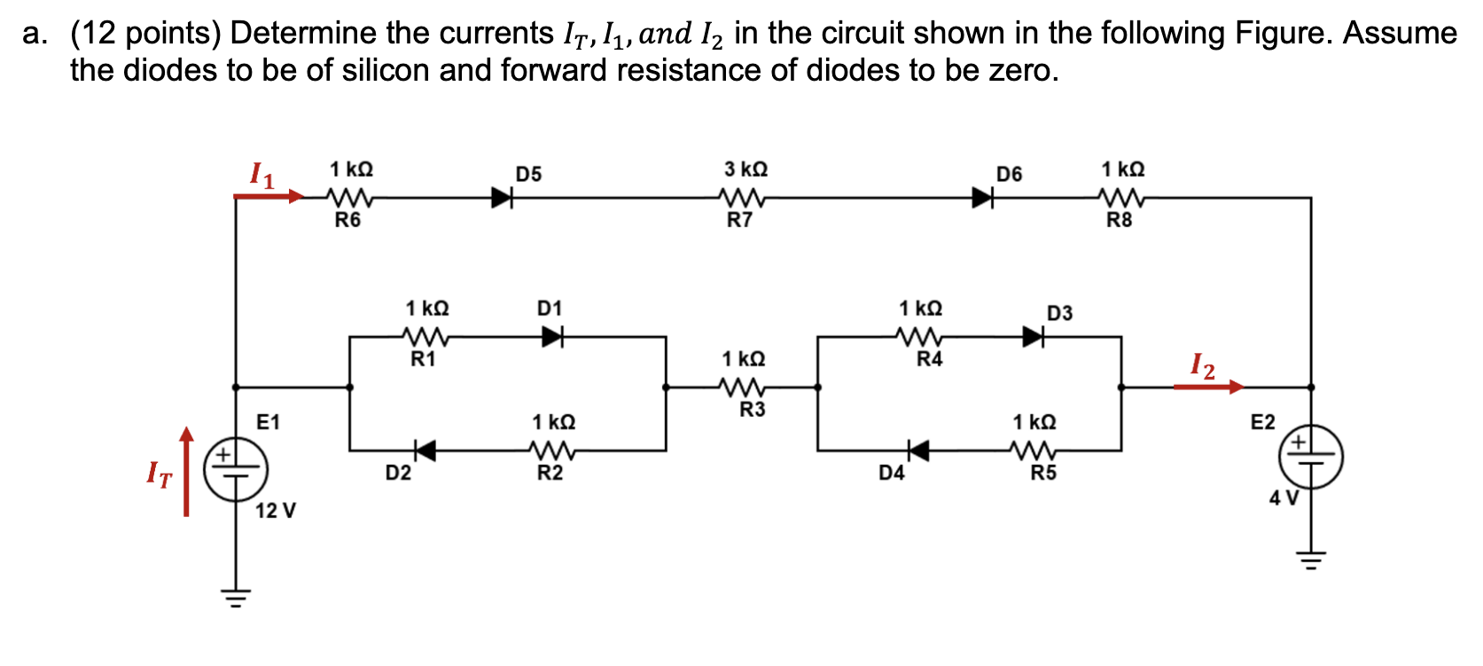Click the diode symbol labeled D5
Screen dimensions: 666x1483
click(x=503, y=197)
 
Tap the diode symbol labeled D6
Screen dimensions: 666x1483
click(x=982, y=197)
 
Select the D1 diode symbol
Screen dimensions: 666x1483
click(x=553, y=336)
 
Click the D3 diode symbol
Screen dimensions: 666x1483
click(x=1033, y=336)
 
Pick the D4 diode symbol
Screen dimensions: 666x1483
click(x=918, y=451)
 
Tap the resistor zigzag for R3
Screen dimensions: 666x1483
click(x=743, y=387)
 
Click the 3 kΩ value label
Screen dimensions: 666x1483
click(x=745, y=168)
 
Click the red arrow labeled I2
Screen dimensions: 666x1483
click(x=1208, y=387)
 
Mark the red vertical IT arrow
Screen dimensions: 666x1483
click(x=186, y=471)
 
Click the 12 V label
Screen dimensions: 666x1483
click(x=276, y=511)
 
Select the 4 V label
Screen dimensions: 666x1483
click(x=1283, y=498)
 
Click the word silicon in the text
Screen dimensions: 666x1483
click(x=385, y=70)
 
